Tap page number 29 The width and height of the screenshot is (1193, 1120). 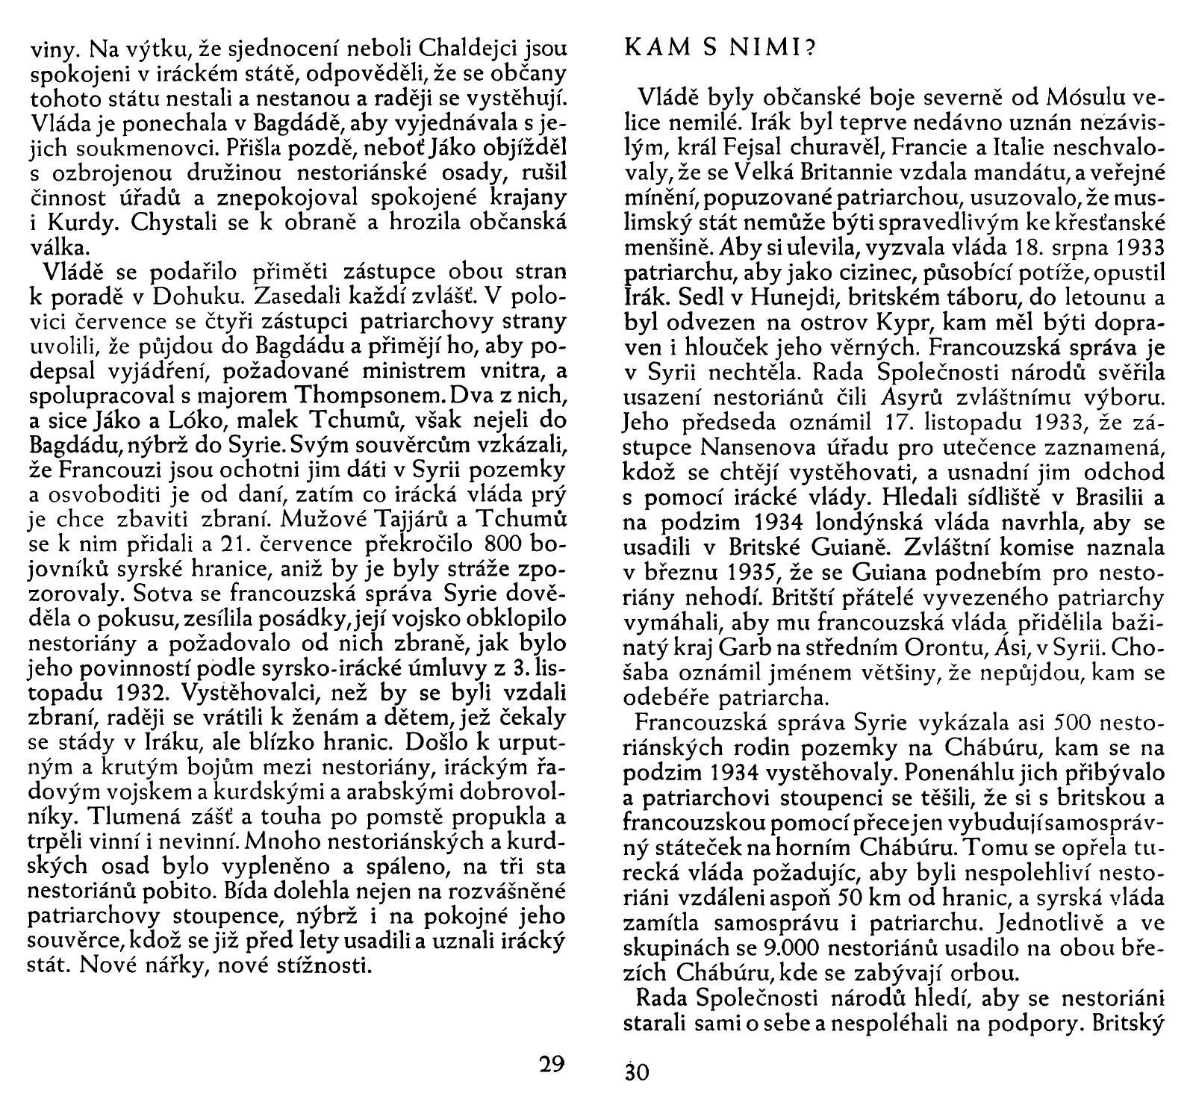point(553,1063)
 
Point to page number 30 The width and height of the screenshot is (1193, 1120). point(637,1072)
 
